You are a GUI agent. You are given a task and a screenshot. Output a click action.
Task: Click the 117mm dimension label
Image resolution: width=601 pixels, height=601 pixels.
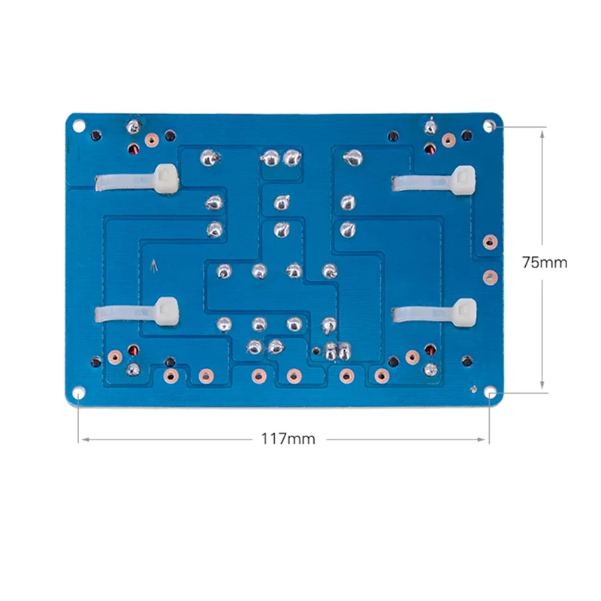pyautogui.click(x=288, y=439)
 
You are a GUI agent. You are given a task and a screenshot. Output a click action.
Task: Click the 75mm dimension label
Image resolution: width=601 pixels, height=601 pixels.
pyautogui.click(x=544, y=262)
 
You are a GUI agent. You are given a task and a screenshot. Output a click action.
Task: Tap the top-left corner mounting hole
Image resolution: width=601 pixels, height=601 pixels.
pyautogui.click(x=79, y=125)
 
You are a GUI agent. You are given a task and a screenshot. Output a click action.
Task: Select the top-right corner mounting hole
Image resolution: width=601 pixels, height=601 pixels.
pyautogui.click(x=489, y=125)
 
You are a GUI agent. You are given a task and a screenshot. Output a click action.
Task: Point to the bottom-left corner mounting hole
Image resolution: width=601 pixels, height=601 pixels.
pyautogui.click(x=79, y=392)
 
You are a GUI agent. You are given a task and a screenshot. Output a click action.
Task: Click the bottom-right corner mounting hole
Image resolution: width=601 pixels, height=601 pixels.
pyautogui.click(x=490, y=392)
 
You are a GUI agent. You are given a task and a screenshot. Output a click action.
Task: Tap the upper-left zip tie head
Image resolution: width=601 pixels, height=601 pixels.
pyautogui.click(x=167, y=179)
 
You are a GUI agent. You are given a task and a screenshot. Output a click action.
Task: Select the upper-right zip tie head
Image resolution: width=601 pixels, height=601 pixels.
pyautogui.click(x=464, y=180)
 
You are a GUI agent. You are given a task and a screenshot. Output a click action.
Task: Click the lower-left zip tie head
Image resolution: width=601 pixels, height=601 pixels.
pyautogui.click(x=167, y=311)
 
